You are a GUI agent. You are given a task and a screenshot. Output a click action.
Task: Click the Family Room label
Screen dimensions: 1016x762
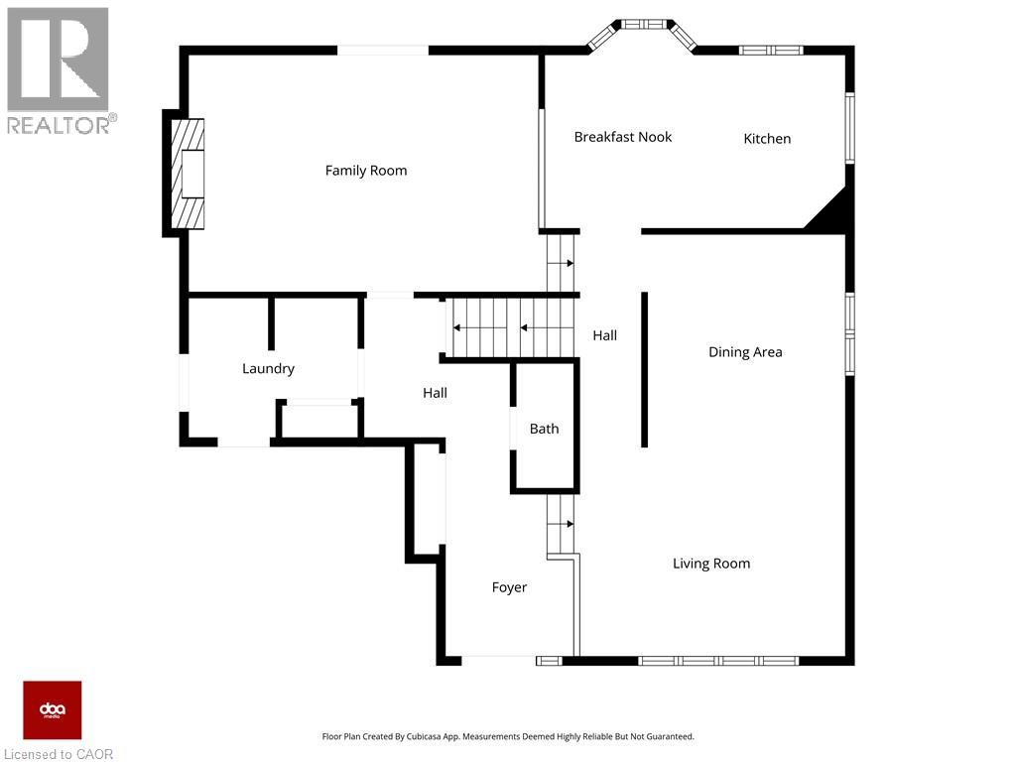(366, 171)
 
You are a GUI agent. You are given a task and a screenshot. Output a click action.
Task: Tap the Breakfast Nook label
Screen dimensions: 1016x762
(623, 137)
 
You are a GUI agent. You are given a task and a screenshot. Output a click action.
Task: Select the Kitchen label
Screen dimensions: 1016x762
(767, 139)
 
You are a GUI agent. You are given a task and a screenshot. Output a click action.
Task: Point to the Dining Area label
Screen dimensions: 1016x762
(745, 352)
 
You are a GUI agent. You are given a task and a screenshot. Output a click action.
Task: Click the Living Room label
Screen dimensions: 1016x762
(711, 564)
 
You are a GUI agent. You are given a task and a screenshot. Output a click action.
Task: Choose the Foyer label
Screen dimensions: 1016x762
(509, 587)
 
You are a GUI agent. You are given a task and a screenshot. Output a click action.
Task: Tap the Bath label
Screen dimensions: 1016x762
(545, 429)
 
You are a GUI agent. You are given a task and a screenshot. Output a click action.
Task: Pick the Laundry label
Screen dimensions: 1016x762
(268, 369)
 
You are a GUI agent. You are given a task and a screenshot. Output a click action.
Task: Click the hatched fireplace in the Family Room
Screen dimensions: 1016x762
(188, 174)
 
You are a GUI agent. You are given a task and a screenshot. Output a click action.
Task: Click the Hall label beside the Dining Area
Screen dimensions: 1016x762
(604, 335)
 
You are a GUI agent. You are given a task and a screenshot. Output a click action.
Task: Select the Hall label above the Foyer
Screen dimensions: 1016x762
(435, 393)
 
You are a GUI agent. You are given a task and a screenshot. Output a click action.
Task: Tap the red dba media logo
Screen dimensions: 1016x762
(53, 710)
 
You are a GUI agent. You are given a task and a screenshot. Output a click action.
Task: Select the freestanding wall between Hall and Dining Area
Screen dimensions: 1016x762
(644, 369)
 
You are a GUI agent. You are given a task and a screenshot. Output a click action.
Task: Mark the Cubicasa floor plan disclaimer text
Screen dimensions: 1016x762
(508, 737)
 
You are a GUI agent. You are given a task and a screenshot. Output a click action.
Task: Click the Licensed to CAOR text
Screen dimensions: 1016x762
(59, 754)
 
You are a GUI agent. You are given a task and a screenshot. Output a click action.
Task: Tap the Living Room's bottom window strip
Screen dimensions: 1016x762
(718, 661)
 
